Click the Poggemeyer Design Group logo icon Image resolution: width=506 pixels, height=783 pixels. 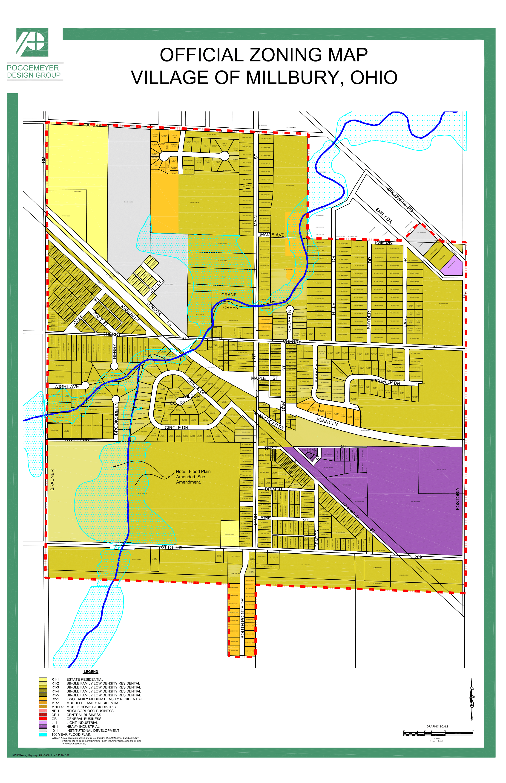(32, 42)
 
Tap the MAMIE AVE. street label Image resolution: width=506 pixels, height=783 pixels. (273, 235)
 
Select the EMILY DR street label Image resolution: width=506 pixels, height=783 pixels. (384, 216)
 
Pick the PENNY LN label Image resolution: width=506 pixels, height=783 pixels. (327, 421)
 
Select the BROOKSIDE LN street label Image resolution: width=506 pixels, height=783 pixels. (116, 418)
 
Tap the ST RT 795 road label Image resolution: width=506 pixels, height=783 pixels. (172, 547)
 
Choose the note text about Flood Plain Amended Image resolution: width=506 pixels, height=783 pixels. (193, 476)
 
